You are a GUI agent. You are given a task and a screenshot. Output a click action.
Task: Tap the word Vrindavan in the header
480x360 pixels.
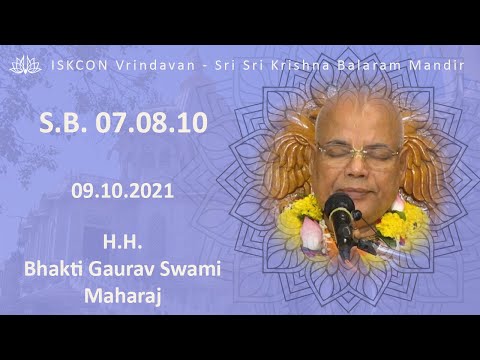click(x=130, y=64)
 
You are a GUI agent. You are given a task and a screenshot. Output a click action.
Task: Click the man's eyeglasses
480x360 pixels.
click(x=357, y=152)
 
